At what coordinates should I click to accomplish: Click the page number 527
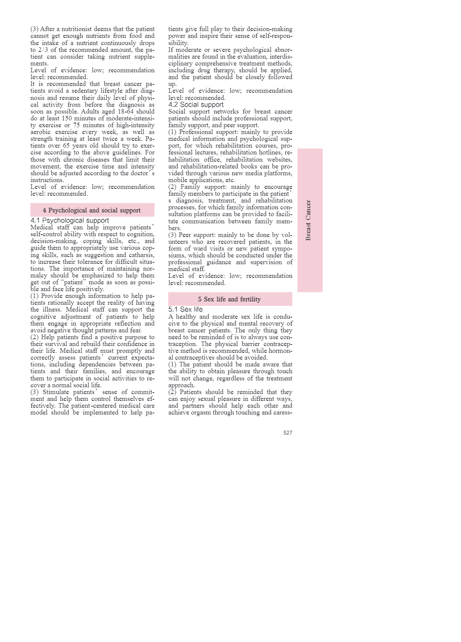click(x=288, y=433)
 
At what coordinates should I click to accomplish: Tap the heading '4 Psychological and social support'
click(x=92, y=210)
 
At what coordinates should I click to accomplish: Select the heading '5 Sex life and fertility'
click(x=229, y=299)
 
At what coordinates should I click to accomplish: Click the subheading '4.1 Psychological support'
click(x=70, y=220)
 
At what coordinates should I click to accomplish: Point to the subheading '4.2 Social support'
click(x=196, y=104)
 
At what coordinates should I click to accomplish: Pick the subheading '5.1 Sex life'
click(x=185, y=309)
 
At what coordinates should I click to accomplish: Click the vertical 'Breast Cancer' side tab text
click(x=308, y=220)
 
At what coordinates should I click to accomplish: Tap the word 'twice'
click(x=110, y=139)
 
